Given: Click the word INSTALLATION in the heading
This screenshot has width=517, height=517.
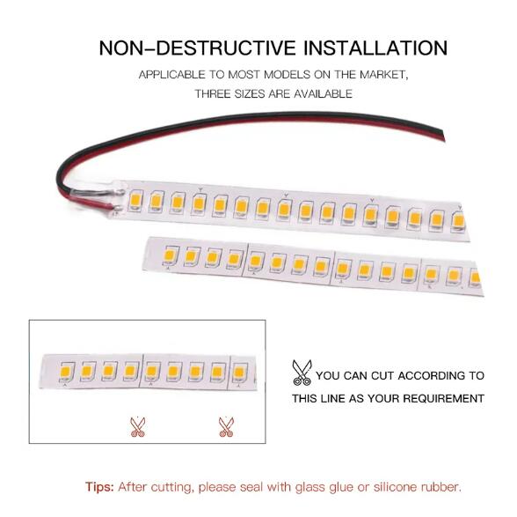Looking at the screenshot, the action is click(375, 48).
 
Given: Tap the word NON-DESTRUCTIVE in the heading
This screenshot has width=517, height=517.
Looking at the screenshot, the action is click(197, 48).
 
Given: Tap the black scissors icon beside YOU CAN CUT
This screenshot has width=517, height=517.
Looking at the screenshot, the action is click(302, 373).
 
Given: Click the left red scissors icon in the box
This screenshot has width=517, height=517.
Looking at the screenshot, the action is click(137, 427).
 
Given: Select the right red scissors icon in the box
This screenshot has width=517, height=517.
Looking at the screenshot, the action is click(226, 427).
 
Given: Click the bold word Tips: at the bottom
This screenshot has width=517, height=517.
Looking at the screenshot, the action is click(99, 487).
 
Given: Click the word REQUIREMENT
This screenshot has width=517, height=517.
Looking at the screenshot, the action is click(442, 398).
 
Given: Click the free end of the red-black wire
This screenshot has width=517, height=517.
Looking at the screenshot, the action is click(444, 137).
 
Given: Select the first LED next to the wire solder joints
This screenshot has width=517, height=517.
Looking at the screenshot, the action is click(135, 200).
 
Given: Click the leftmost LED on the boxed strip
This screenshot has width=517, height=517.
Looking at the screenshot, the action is click(67, 372).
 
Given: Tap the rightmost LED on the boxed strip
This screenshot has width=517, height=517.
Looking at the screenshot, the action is click(239, 373).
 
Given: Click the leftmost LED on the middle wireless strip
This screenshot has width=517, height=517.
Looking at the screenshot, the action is click(171, 255).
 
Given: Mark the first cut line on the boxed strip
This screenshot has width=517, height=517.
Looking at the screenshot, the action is click(142, 370).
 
